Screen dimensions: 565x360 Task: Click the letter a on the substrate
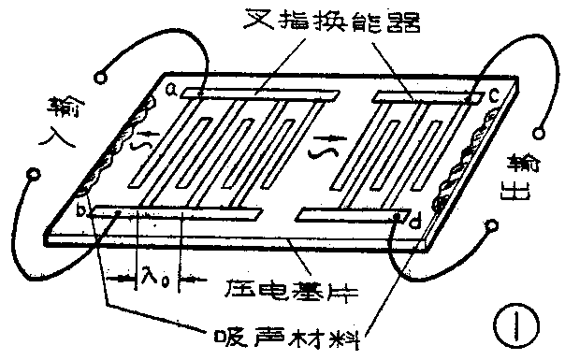click(x=172, y=91)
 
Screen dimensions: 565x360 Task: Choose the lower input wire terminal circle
click(x=35, y=174)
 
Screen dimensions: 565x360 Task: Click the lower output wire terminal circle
click(x=489, y=224)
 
